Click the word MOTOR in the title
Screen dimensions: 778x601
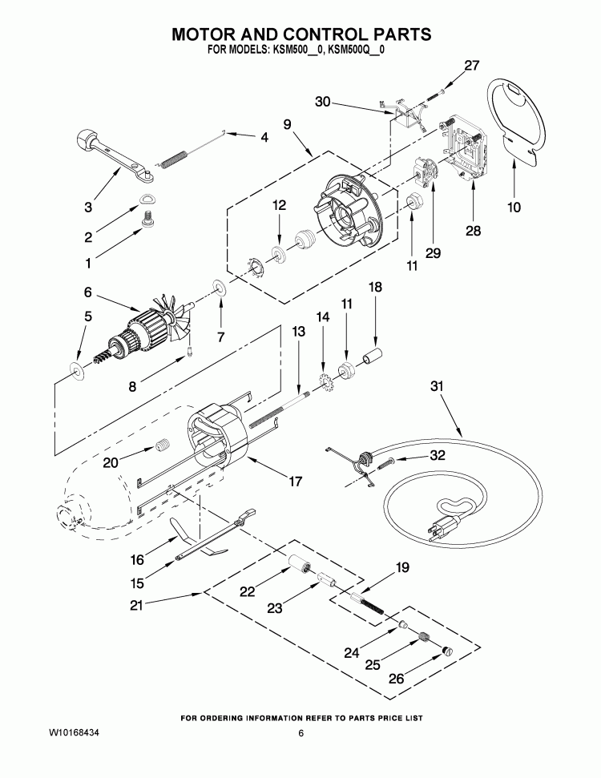[209, 34]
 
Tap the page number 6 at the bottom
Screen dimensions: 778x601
[300, 733]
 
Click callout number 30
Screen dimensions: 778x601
[322, 102]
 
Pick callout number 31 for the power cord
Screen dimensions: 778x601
[435, 387]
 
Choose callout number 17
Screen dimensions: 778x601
[295, 482]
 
